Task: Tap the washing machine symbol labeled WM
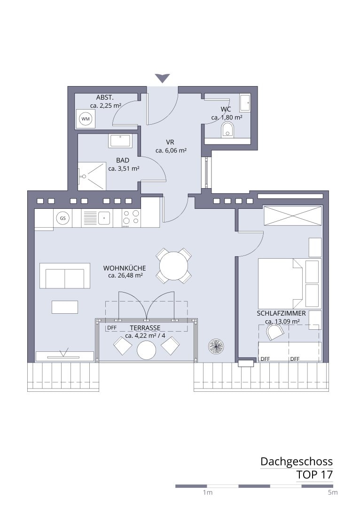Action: click(86, 119)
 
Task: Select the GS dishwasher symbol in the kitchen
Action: click(63, 218)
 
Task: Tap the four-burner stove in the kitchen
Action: click(131, 218)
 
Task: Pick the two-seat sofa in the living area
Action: click(65, 275)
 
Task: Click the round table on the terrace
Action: click(146, 349)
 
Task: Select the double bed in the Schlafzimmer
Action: click(280, 282)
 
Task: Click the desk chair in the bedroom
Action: click(275, 332)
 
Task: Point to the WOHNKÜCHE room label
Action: click(125, 268)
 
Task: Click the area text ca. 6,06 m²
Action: click(171, 151)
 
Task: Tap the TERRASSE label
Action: click(145, 328)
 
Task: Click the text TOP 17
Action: click(314, 475)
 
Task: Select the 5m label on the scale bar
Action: click(332, 493)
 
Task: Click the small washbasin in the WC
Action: click(245, 102)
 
